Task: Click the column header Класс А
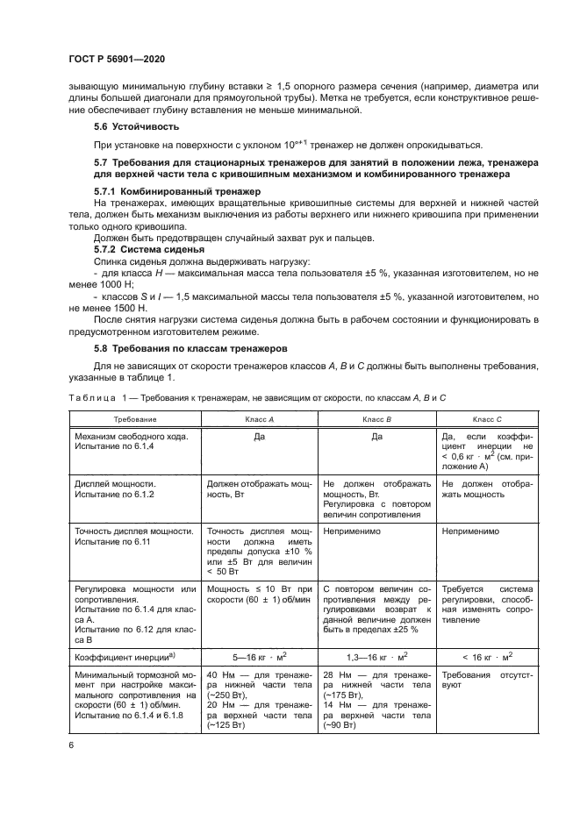pos(259,420)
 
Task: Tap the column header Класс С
pos(486,420)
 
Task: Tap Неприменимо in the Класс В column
pos(351,531)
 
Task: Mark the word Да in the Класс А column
pos(259,436)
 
